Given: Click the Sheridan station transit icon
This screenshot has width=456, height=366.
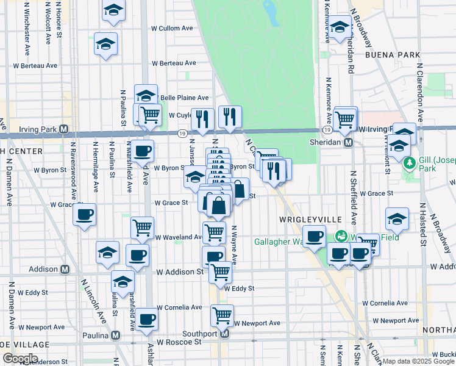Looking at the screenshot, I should (349, 142).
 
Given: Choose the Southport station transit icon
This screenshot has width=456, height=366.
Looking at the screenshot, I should (225, 334).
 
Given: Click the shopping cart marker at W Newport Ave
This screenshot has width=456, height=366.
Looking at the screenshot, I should (222, 316).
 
